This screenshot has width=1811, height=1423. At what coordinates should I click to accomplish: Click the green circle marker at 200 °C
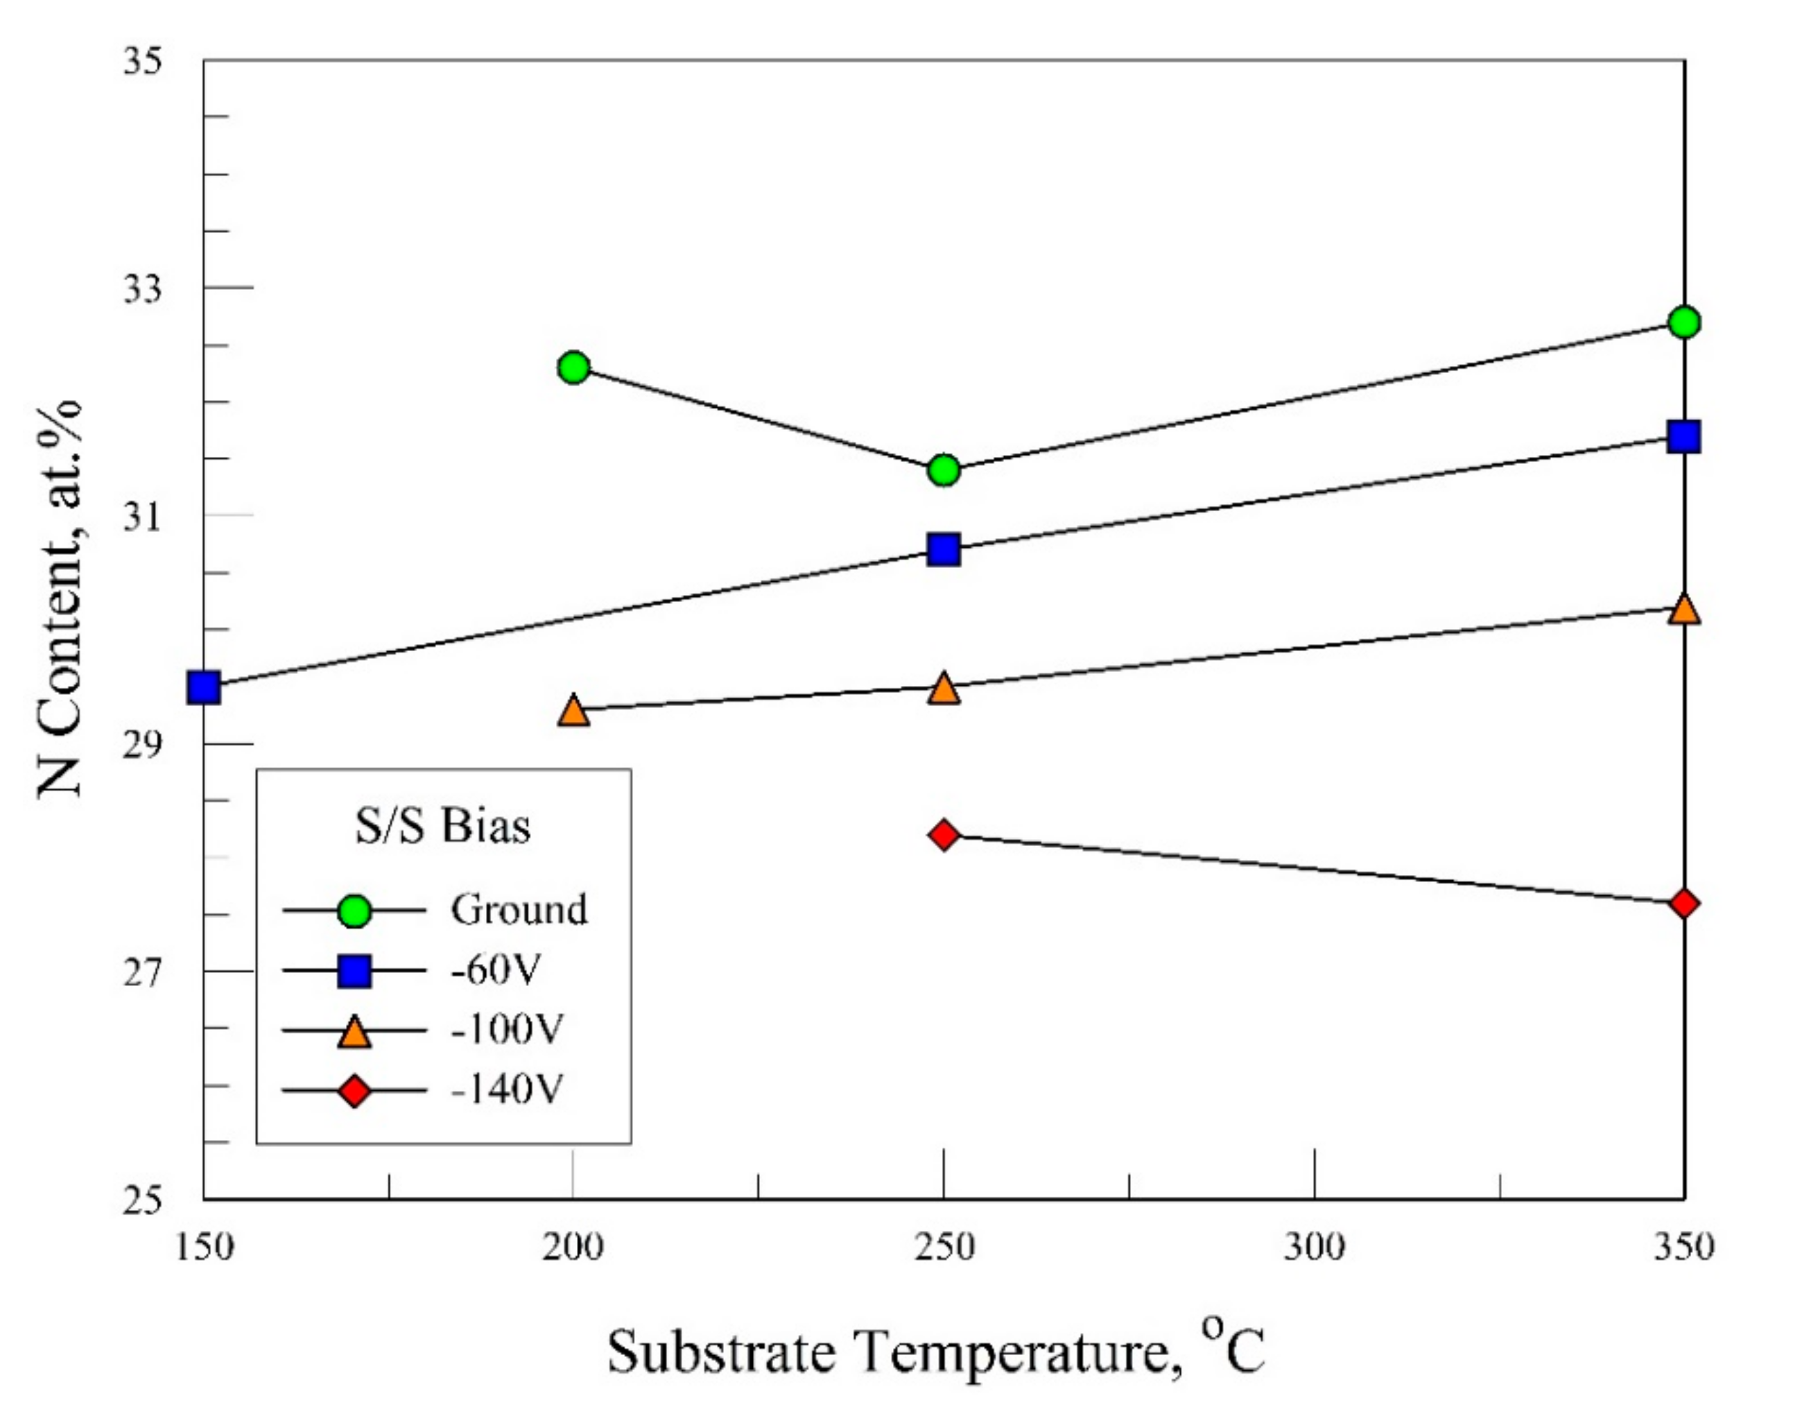point(574,367)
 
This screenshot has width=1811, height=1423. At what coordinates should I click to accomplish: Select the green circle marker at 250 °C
point(944,471)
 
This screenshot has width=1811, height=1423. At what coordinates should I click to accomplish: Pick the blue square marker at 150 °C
point(204,688)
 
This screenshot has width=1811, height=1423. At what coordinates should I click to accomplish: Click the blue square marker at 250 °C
point(944,550)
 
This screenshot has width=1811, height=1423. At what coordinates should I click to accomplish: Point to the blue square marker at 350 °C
point(1683,437)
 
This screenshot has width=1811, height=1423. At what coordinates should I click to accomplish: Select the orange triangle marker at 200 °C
point(574,711)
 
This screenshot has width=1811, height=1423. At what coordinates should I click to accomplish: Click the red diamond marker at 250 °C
point(944,835)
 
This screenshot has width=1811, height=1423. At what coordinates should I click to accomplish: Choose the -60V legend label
point(496,969)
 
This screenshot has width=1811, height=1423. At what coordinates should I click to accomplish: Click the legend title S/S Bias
point(442,827)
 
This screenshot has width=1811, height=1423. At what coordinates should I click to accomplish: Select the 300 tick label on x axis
point(1314,1248)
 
